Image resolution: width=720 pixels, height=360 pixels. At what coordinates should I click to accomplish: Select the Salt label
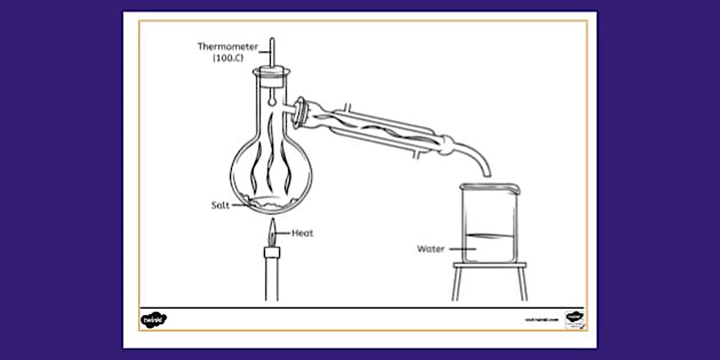tap(220, 205)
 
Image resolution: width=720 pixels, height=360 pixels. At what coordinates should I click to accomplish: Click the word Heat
tap(302, 233)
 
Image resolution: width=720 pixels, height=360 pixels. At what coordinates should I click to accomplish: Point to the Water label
tap(430, 249)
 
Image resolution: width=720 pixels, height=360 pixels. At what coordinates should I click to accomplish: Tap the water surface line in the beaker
tap(489, 235)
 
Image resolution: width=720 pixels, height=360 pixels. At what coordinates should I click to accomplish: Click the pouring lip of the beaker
tap(514, 187)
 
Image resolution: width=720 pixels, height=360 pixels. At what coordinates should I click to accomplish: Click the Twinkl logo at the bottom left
tap(153, 319)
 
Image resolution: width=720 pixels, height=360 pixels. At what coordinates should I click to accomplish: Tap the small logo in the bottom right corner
tap(574, 319)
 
